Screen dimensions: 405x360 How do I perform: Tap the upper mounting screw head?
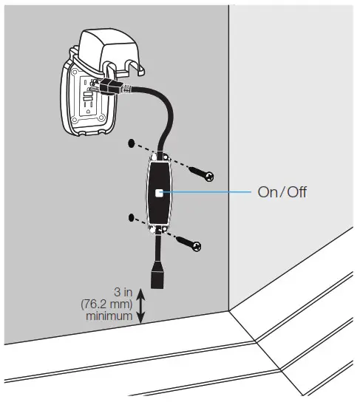(x=208, y=176)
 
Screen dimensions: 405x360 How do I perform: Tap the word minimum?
(x=111, y=316)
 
